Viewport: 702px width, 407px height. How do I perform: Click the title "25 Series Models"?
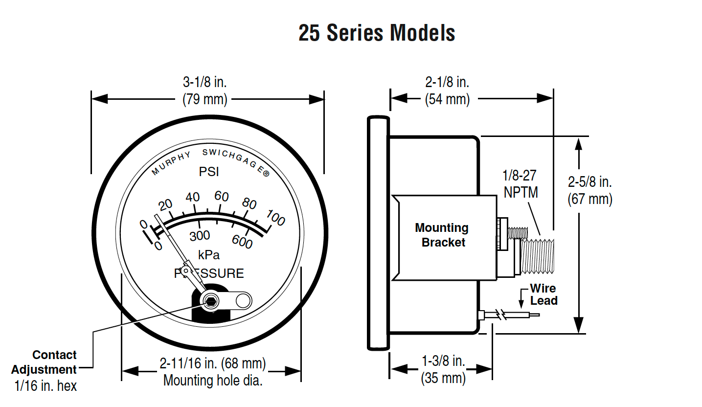[377, 33]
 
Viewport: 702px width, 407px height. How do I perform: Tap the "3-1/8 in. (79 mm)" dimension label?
[204, 91]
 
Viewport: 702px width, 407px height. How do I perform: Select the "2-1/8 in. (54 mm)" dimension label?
[447, 91]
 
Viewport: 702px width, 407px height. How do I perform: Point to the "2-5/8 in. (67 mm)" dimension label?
[590, 190]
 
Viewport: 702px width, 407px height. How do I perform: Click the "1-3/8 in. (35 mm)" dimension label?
[443, 370]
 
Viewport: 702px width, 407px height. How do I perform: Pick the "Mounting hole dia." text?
[213, 381]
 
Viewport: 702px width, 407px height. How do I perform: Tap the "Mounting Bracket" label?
[442, 235]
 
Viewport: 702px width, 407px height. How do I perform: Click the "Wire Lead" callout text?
[543, 294]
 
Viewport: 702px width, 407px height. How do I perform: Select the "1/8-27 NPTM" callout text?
[520, 184]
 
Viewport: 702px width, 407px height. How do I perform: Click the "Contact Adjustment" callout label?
[44, 362]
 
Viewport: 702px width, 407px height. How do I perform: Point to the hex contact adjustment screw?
[210, 301]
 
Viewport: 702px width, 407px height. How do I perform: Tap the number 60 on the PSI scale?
[222, 197]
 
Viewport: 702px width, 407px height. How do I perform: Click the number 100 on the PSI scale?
[275, 218]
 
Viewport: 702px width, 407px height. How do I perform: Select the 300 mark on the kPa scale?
[200, 236]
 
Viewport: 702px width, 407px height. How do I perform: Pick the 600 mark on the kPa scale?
[242, 242]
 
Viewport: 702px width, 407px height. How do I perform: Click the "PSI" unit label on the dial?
[209, 172]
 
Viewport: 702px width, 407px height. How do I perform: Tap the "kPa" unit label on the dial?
[209, 255]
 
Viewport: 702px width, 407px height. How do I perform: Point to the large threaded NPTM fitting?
[537, 256]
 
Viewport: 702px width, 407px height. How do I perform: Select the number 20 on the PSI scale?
[165, 205]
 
